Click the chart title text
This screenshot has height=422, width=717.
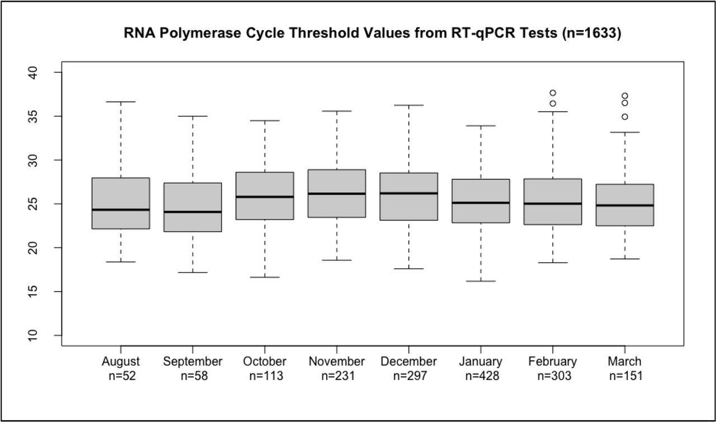[x=373, y=34]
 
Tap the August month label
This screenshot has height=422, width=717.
[x=121, y=362]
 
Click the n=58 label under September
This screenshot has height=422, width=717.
[x=193, y=376]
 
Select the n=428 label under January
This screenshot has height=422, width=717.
[x=481, y=376]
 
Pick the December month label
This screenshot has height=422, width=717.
[x=408, y=362]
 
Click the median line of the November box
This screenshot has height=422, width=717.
[x=337, y=194]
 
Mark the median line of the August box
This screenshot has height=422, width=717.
[x=121, y=210]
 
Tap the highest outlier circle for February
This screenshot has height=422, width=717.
[x=553, y=93]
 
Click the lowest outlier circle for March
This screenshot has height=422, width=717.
[x=625, y=117]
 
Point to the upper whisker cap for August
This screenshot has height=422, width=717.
[x=121, y=102]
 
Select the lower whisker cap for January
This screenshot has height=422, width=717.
[x=481, y=281]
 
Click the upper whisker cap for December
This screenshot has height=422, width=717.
[x=408, y=105]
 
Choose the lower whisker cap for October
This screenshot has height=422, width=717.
[x=265, y=277]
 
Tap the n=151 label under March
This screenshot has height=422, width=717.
[x=625, y=376]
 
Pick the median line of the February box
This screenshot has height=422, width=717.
[x=553, y=204]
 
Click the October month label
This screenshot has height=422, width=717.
[x=265, y=362]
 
